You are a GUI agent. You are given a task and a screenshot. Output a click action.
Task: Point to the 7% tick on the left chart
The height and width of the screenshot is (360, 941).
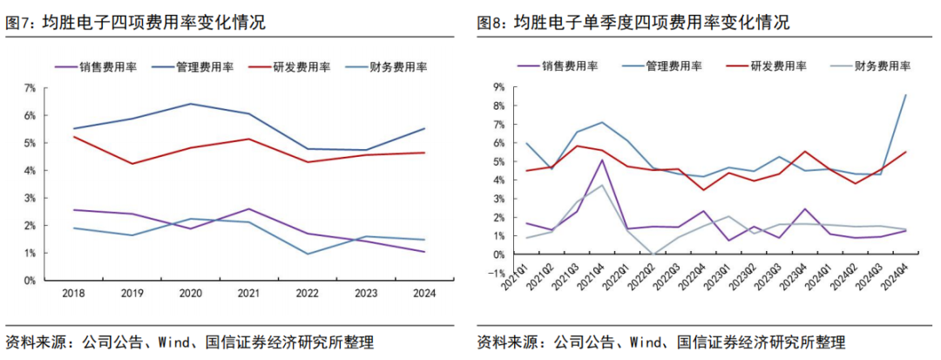[x=30, y=88]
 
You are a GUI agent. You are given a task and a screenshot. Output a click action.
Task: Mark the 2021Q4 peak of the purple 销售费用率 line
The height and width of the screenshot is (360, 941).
[x=603, y=160]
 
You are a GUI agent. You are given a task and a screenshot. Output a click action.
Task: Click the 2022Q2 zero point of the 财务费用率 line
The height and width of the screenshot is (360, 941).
[x=653, y=255]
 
